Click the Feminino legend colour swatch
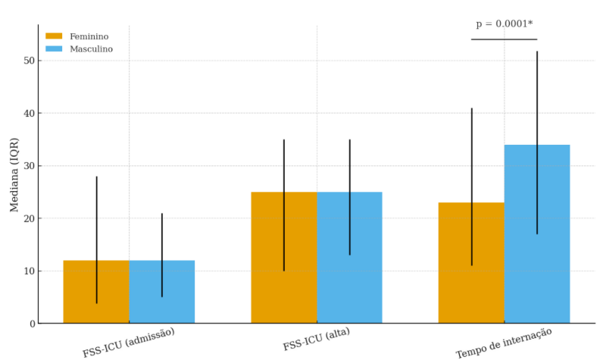point(54,36)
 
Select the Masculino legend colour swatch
point(54,49)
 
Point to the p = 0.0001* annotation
point(504,24)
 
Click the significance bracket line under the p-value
point(504,39)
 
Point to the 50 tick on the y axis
point(30,61)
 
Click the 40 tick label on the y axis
point(30,113)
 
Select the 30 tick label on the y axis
point(30,166)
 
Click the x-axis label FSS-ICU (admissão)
point(129,342)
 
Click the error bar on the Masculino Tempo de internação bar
point(537,91)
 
